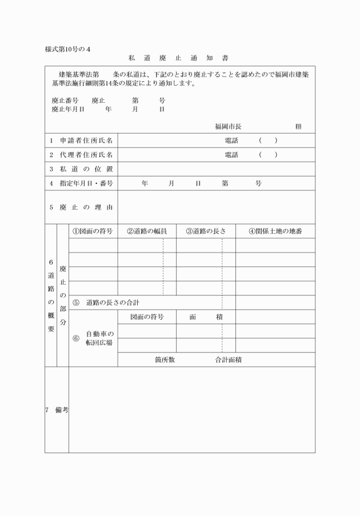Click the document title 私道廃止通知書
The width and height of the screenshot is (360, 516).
(x=179, y=58)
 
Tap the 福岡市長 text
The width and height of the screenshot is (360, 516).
(x=228, y=126)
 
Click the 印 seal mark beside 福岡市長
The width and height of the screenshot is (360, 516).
(x=298, y=126)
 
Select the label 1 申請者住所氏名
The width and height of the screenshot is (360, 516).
(x=81, y=141)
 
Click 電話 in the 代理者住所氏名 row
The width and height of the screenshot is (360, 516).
(x=231, y=155)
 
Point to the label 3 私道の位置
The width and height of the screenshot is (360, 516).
(x=81, y=169)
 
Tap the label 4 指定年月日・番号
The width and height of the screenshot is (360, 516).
(x=81, y=183)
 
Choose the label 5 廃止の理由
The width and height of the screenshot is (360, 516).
(x=81, y=206)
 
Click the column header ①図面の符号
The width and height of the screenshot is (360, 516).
(x=93, y=231)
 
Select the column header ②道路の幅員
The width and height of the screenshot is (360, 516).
(x=147, y=231)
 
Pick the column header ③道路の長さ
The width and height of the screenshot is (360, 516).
(x=206, y=231)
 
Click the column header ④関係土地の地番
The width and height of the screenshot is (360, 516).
(x=275, y=231)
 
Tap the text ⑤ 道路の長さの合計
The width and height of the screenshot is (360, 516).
(x=106, y=302)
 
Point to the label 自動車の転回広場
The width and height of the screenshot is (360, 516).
(x=100, y=338)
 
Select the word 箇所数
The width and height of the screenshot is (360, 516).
(x=164, y=360)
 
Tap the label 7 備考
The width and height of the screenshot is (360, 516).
(x=57, y=410)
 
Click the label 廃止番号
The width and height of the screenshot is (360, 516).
(x=65, y=100)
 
